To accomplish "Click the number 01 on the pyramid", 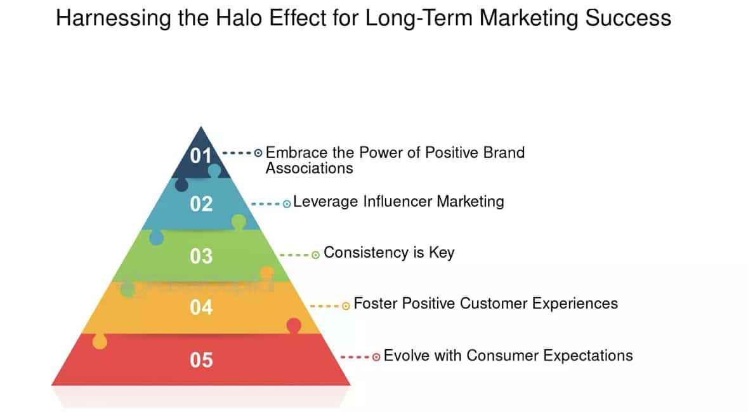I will click(x=201, y=155).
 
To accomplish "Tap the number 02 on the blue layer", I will click(x=201, y=204).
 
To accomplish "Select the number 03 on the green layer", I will click(x=201, y=256).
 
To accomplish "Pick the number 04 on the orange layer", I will click(x=201, y=308).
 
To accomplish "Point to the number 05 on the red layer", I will click(x=201, y=361).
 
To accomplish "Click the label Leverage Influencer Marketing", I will click(x=398, y=202).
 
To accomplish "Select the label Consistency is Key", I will click(x=389, y=253).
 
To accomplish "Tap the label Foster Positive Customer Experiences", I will click(x=485, y=303).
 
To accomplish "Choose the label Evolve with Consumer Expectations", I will click(x=508, y=356).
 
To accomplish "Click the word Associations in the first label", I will click(x=309, y=168).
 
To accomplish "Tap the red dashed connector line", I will click(x=355, y=357).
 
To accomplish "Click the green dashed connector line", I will click(x=294, y=255).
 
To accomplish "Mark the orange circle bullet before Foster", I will click(x=346, y=306).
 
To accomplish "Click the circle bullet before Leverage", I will click(x=287, y=204).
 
